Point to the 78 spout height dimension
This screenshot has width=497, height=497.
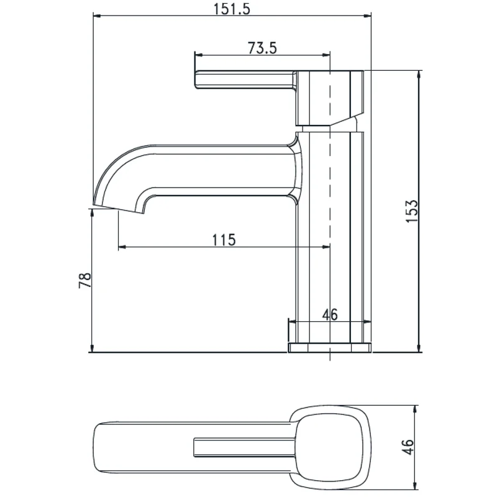(85, 280)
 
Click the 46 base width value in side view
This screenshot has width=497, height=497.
(329, 314)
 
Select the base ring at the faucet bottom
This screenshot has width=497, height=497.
(329, 347)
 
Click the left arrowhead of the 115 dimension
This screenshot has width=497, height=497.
(122, 247)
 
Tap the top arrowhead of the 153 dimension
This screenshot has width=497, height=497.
(419, 74)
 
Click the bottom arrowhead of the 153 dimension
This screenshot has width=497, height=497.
(419, 349)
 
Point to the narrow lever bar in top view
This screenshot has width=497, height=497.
(242, 447)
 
